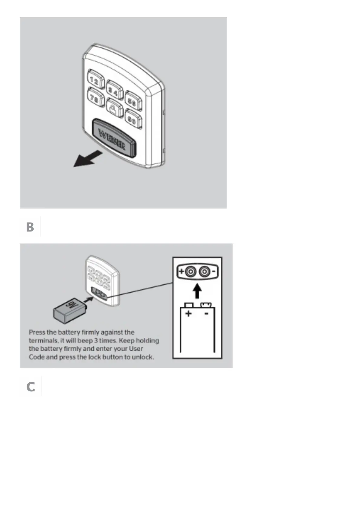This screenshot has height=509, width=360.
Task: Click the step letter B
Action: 30,227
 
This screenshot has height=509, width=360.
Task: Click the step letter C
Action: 31,387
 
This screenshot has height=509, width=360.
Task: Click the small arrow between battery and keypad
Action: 88,300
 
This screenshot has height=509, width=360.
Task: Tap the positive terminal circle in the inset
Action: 191,272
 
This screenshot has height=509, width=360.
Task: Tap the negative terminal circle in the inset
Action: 205,272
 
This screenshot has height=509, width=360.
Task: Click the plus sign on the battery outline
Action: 188,314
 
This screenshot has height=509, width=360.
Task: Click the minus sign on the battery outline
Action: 206,314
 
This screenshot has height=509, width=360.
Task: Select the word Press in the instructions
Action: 37,332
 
